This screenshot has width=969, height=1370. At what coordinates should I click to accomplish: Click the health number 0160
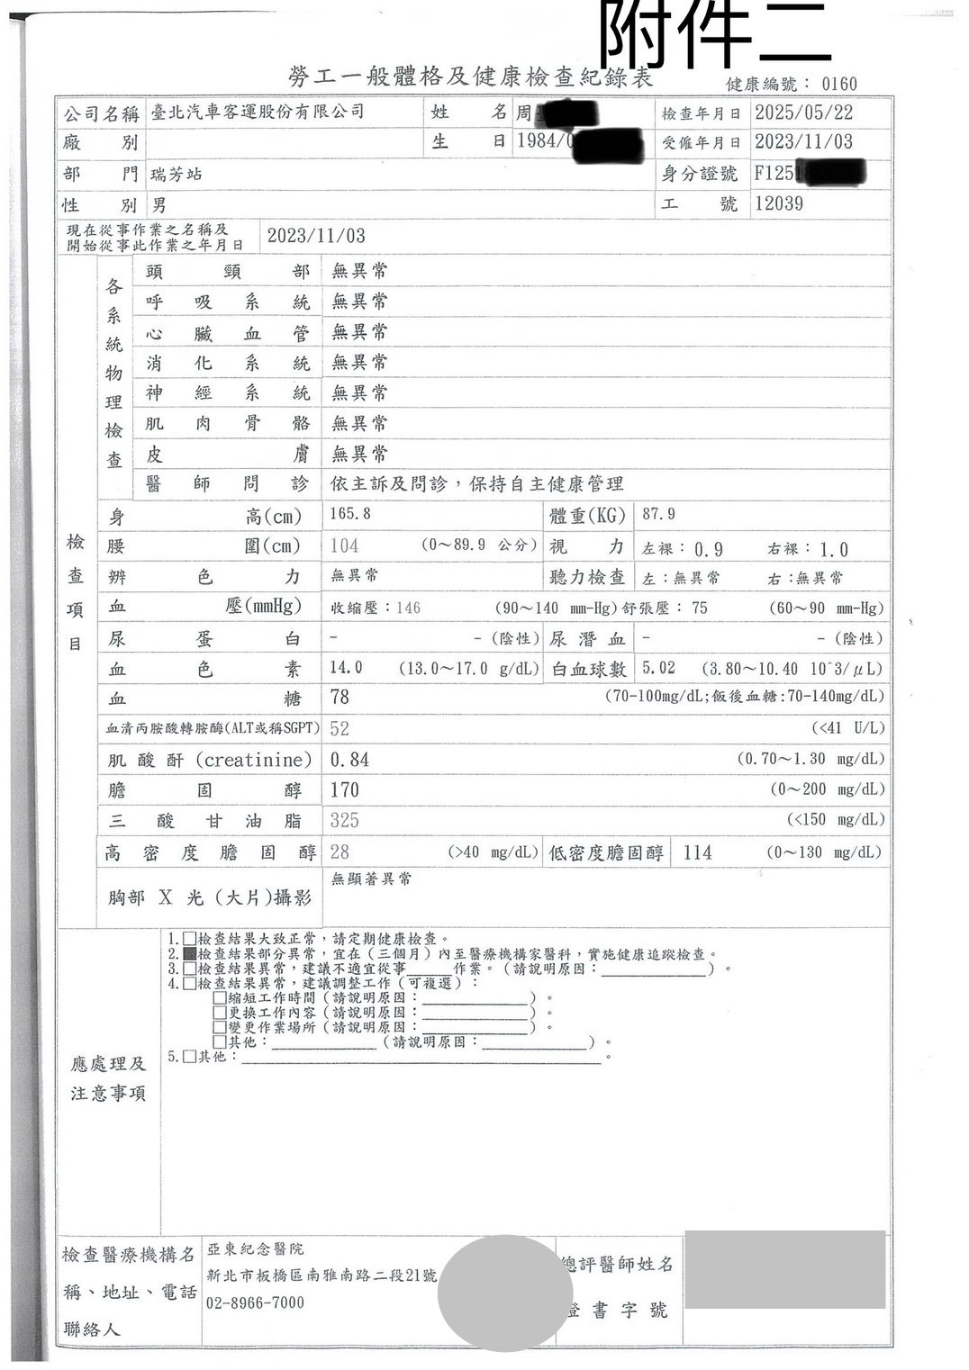[839, 84]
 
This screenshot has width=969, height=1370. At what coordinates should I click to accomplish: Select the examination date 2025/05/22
[803, 113]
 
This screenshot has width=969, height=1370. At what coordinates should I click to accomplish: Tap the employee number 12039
[779, 203]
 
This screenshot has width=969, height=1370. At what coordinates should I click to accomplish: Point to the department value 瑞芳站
[176, 174]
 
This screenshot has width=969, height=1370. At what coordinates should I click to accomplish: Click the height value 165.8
[350, 514]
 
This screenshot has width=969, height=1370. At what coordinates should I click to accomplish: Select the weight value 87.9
[659, 514]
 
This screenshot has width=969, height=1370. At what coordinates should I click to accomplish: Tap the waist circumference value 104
[344, 545]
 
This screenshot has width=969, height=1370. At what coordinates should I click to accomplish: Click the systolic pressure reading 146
[408, 608]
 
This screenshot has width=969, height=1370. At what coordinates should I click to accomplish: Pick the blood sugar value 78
[340, 697]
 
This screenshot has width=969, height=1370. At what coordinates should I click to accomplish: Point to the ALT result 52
[340, 728]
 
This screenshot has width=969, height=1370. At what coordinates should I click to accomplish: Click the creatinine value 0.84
[349, 760]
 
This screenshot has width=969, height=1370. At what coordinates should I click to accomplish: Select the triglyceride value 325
[344, 820]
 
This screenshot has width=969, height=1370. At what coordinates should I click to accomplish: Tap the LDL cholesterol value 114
[697, 852]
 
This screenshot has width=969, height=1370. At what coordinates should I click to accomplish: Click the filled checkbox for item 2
[189, 953]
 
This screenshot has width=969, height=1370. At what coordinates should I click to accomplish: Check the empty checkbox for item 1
[189, 939]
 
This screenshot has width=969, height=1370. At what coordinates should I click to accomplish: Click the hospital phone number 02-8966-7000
[256, 1302]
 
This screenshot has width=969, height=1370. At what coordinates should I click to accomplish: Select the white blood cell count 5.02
[658, 668]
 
